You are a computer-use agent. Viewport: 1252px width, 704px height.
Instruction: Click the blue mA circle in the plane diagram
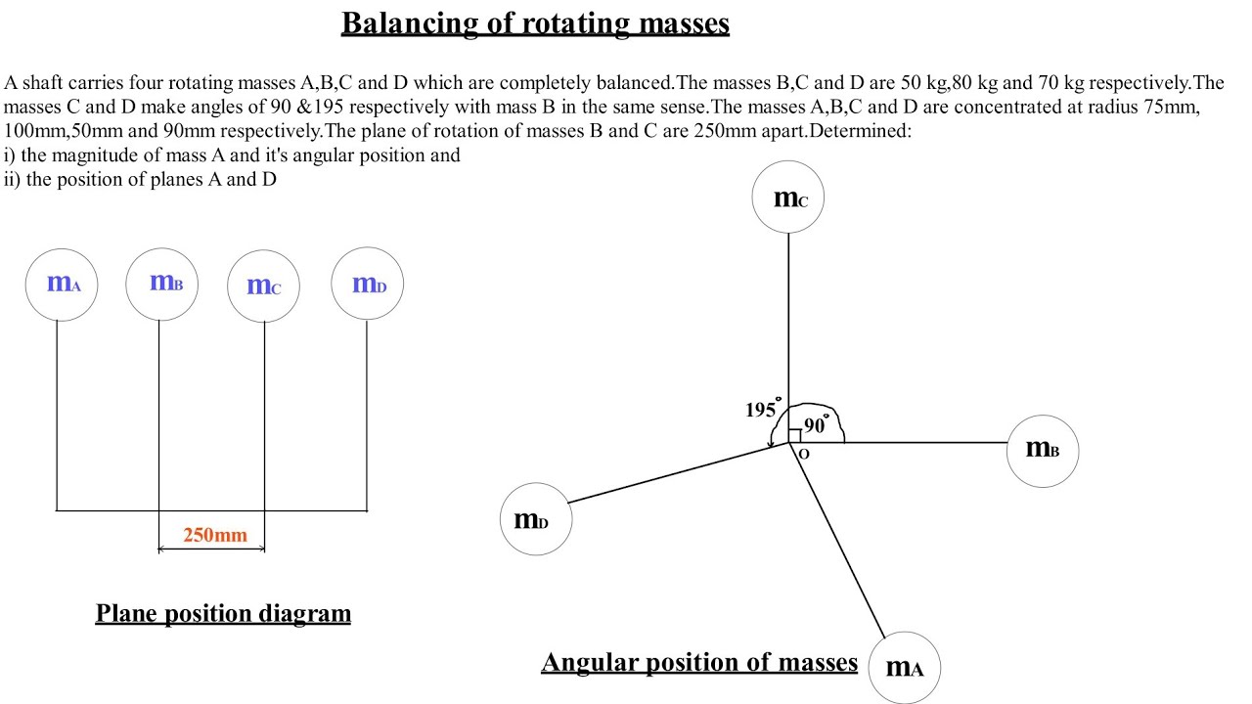[62, 284]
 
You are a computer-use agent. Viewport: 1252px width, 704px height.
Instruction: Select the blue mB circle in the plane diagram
[162, 284]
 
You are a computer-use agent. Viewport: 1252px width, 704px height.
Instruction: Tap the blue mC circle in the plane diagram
[263, 286]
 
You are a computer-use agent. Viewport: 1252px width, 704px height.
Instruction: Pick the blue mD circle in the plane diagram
[368, 284]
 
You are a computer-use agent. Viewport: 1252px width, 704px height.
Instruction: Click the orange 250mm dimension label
[215, 535]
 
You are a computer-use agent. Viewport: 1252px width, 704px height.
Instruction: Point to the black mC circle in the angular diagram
[788, 198]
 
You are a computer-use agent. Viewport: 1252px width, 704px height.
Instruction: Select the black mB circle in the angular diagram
[1042, 450]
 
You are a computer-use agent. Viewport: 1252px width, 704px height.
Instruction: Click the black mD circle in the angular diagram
[536, 519]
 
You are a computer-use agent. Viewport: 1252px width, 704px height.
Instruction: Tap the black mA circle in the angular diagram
[904, 668]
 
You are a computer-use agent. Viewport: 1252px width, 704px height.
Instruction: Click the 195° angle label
[762, 410]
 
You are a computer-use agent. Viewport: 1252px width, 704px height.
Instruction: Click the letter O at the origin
[804, 455]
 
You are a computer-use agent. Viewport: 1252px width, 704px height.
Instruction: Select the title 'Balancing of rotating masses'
[535, 22]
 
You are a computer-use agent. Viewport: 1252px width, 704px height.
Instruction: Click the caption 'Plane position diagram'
[223, 613]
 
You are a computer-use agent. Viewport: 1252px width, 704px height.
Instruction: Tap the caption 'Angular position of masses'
[699, 662]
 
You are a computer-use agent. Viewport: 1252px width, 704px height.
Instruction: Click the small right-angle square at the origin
[794, 436]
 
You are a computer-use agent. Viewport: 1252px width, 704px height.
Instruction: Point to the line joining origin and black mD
[675, 474]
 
